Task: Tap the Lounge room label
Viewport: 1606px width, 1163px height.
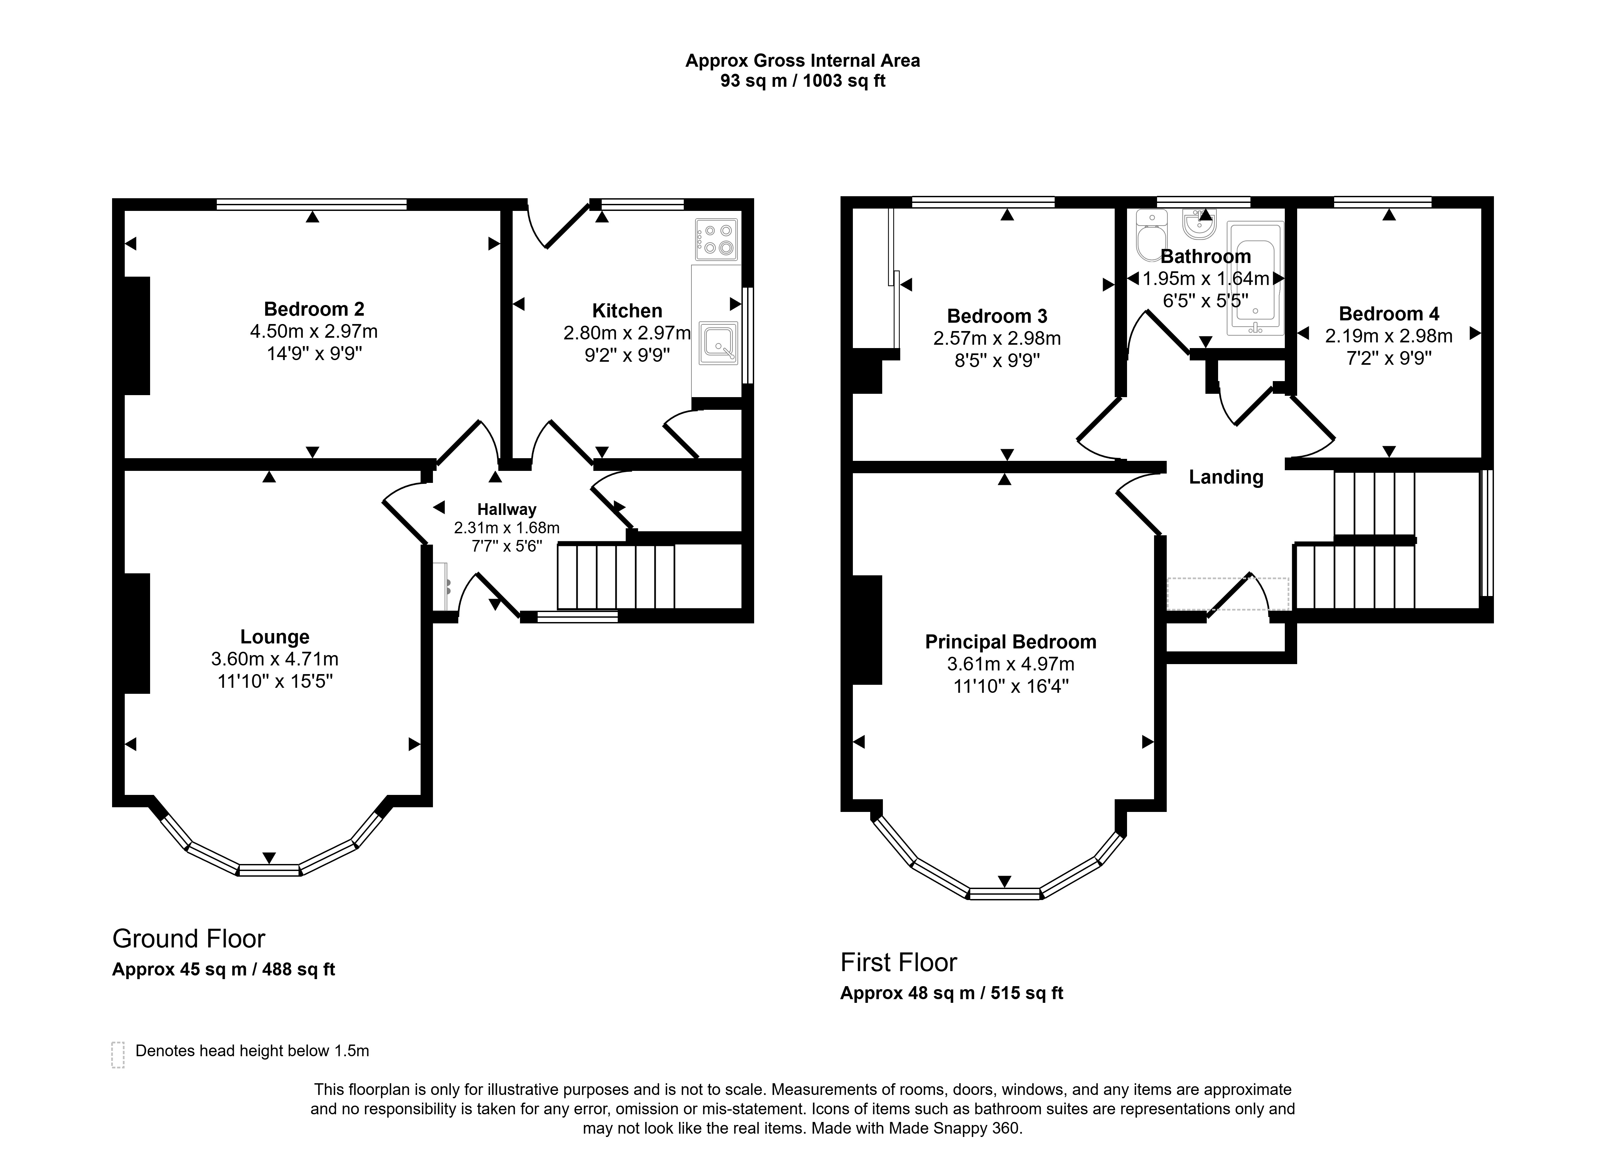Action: click(275, 637)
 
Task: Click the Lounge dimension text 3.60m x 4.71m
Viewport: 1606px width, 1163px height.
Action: click(275, 659)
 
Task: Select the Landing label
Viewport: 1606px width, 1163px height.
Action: click(1226, 478)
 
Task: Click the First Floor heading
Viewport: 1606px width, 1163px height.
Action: click(899, 962)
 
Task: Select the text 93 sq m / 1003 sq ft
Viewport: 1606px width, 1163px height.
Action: click(803, 81)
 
